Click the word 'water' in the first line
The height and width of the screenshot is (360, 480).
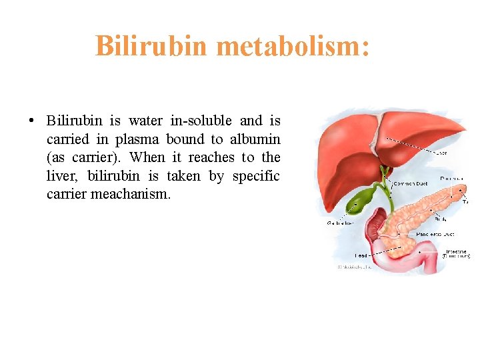(145, 121)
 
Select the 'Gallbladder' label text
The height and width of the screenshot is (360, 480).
(340, 223)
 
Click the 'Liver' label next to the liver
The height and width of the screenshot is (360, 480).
(440, 153)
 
